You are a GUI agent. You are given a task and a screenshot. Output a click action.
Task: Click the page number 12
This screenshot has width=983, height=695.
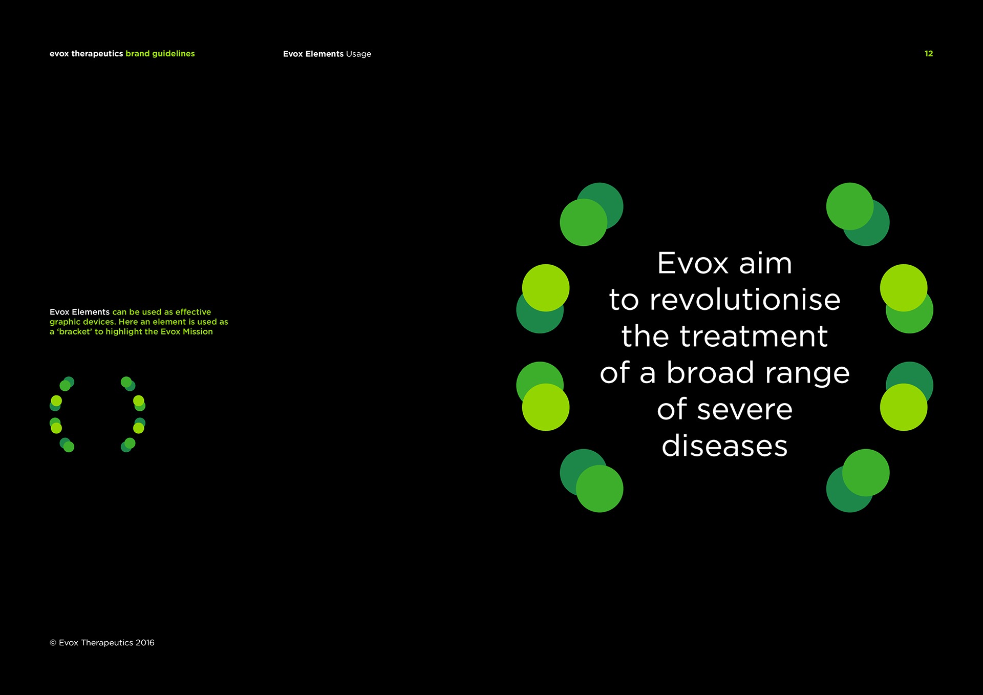pyautogui.click(x=929, y=54)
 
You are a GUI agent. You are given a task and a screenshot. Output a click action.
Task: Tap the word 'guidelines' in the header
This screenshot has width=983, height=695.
pyautogui.click(x=174, y=54)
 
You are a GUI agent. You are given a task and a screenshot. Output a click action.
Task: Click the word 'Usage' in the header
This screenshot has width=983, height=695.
pyautogui.click(x=358, y=54)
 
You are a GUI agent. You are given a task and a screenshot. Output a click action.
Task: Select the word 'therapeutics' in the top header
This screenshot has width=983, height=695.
pyautogui.click(x=97, y=54)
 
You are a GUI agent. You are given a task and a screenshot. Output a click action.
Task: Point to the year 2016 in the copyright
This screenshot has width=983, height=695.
pyautogui.click(x=145, y=643)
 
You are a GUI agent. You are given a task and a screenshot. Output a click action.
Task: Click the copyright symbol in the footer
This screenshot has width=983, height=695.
pyautogui.click(x=53, y=643)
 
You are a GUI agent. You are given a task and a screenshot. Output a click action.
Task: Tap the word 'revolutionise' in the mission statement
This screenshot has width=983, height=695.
pyautogui.click(x=745, y=300)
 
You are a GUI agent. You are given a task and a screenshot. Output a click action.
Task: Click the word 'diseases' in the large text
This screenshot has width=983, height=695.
pyautogui.click(x=724, y=446)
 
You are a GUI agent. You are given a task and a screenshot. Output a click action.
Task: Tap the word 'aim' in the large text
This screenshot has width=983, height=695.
pyautogui.click(x=765, y=263)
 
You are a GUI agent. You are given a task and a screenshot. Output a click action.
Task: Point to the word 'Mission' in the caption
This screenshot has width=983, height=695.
pyautogui.click(x=198, y=332)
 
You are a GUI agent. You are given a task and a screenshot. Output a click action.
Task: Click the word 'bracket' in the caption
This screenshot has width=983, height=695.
pyautogui.click(x=75, y=332)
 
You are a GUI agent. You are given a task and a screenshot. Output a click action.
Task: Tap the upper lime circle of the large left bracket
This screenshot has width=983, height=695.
pyautogui.click(x=546, y=288)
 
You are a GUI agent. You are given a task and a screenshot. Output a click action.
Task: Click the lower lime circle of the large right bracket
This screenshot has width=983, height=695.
pyautogui.click(x=904, y=407)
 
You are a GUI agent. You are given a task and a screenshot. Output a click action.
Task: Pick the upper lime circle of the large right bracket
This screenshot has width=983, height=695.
pyautogui.click(x=904, y=288)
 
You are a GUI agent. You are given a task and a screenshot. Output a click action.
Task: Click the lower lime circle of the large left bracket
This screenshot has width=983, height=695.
pyautogui.click(x=546, y=407)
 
